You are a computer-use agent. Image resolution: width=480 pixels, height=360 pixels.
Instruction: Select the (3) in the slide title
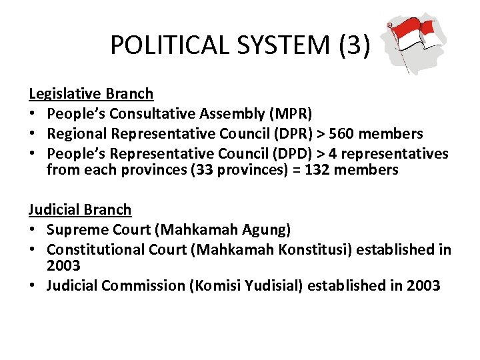pos(353,45)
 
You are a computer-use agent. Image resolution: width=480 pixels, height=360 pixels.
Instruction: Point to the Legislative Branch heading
pos(91,94)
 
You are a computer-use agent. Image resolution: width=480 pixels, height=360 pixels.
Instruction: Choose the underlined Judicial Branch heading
pos(80,210)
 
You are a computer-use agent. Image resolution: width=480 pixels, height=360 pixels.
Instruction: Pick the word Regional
pos(77,134)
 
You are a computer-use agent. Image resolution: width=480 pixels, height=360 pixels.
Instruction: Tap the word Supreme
pos(77,230)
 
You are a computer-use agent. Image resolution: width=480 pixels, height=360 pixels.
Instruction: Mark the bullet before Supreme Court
pos(32,230)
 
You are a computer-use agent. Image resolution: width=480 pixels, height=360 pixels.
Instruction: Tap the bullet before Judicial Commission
pos(32,286)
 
